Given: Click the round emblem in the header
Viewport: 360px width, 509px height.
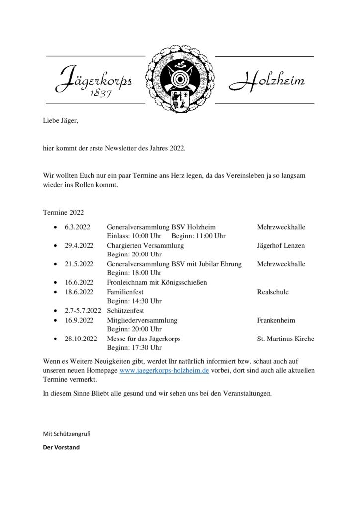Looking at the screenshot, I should [x=180, y=80].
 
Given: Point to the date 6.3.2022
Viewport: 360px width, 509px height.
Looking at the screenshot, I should [x=76, y=227].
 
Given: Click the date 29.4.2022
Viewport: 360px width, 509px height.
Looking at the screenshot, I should [x=79, y=246].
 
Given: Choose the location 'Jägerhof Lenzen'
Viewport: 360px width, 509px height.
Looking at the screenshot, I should [x=281, y=246].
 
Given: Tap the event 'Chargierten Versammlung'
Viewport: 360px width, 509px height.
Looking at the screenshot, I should [x=145, y=246].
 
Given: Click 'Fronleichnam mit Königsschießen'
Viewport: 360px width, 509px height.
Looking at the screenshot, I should [x=157, y=282].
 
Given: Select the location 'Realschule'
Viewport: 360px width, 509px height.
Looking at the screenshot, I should [x=272, y=292].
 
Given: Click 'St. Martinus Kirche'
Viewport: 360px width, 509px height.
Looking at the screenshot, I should [x=285, y=339].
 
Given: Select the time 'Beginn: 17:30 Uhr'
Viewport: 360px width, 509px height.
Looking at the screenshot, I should [x=134, y=347].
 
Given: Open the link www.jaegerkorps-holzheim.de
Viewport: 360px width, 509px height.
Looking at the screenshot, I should [x=165, y=371].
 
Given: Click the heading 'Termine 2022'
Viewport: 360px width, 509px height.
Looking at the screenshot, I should [x=63, y=212].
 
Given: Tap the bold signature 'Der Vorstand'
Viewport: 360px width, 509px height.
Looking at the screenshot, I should [x=61, y=447].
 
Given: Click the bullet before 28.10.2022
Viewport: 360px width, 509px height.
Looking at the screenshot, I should [x=55, y=339].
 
